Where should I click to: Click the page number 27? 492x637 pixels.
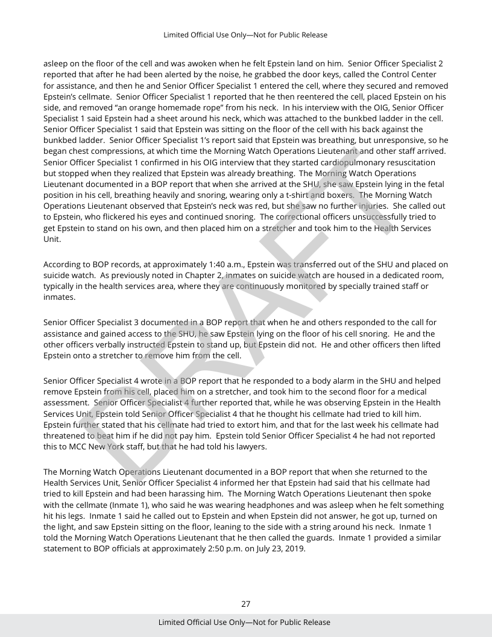[245, 604]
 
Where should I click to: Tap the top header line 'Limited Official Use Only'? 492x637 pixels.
[245, 35]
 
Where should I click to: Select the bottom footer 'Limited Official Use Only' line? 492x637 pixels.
[244, 622]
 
